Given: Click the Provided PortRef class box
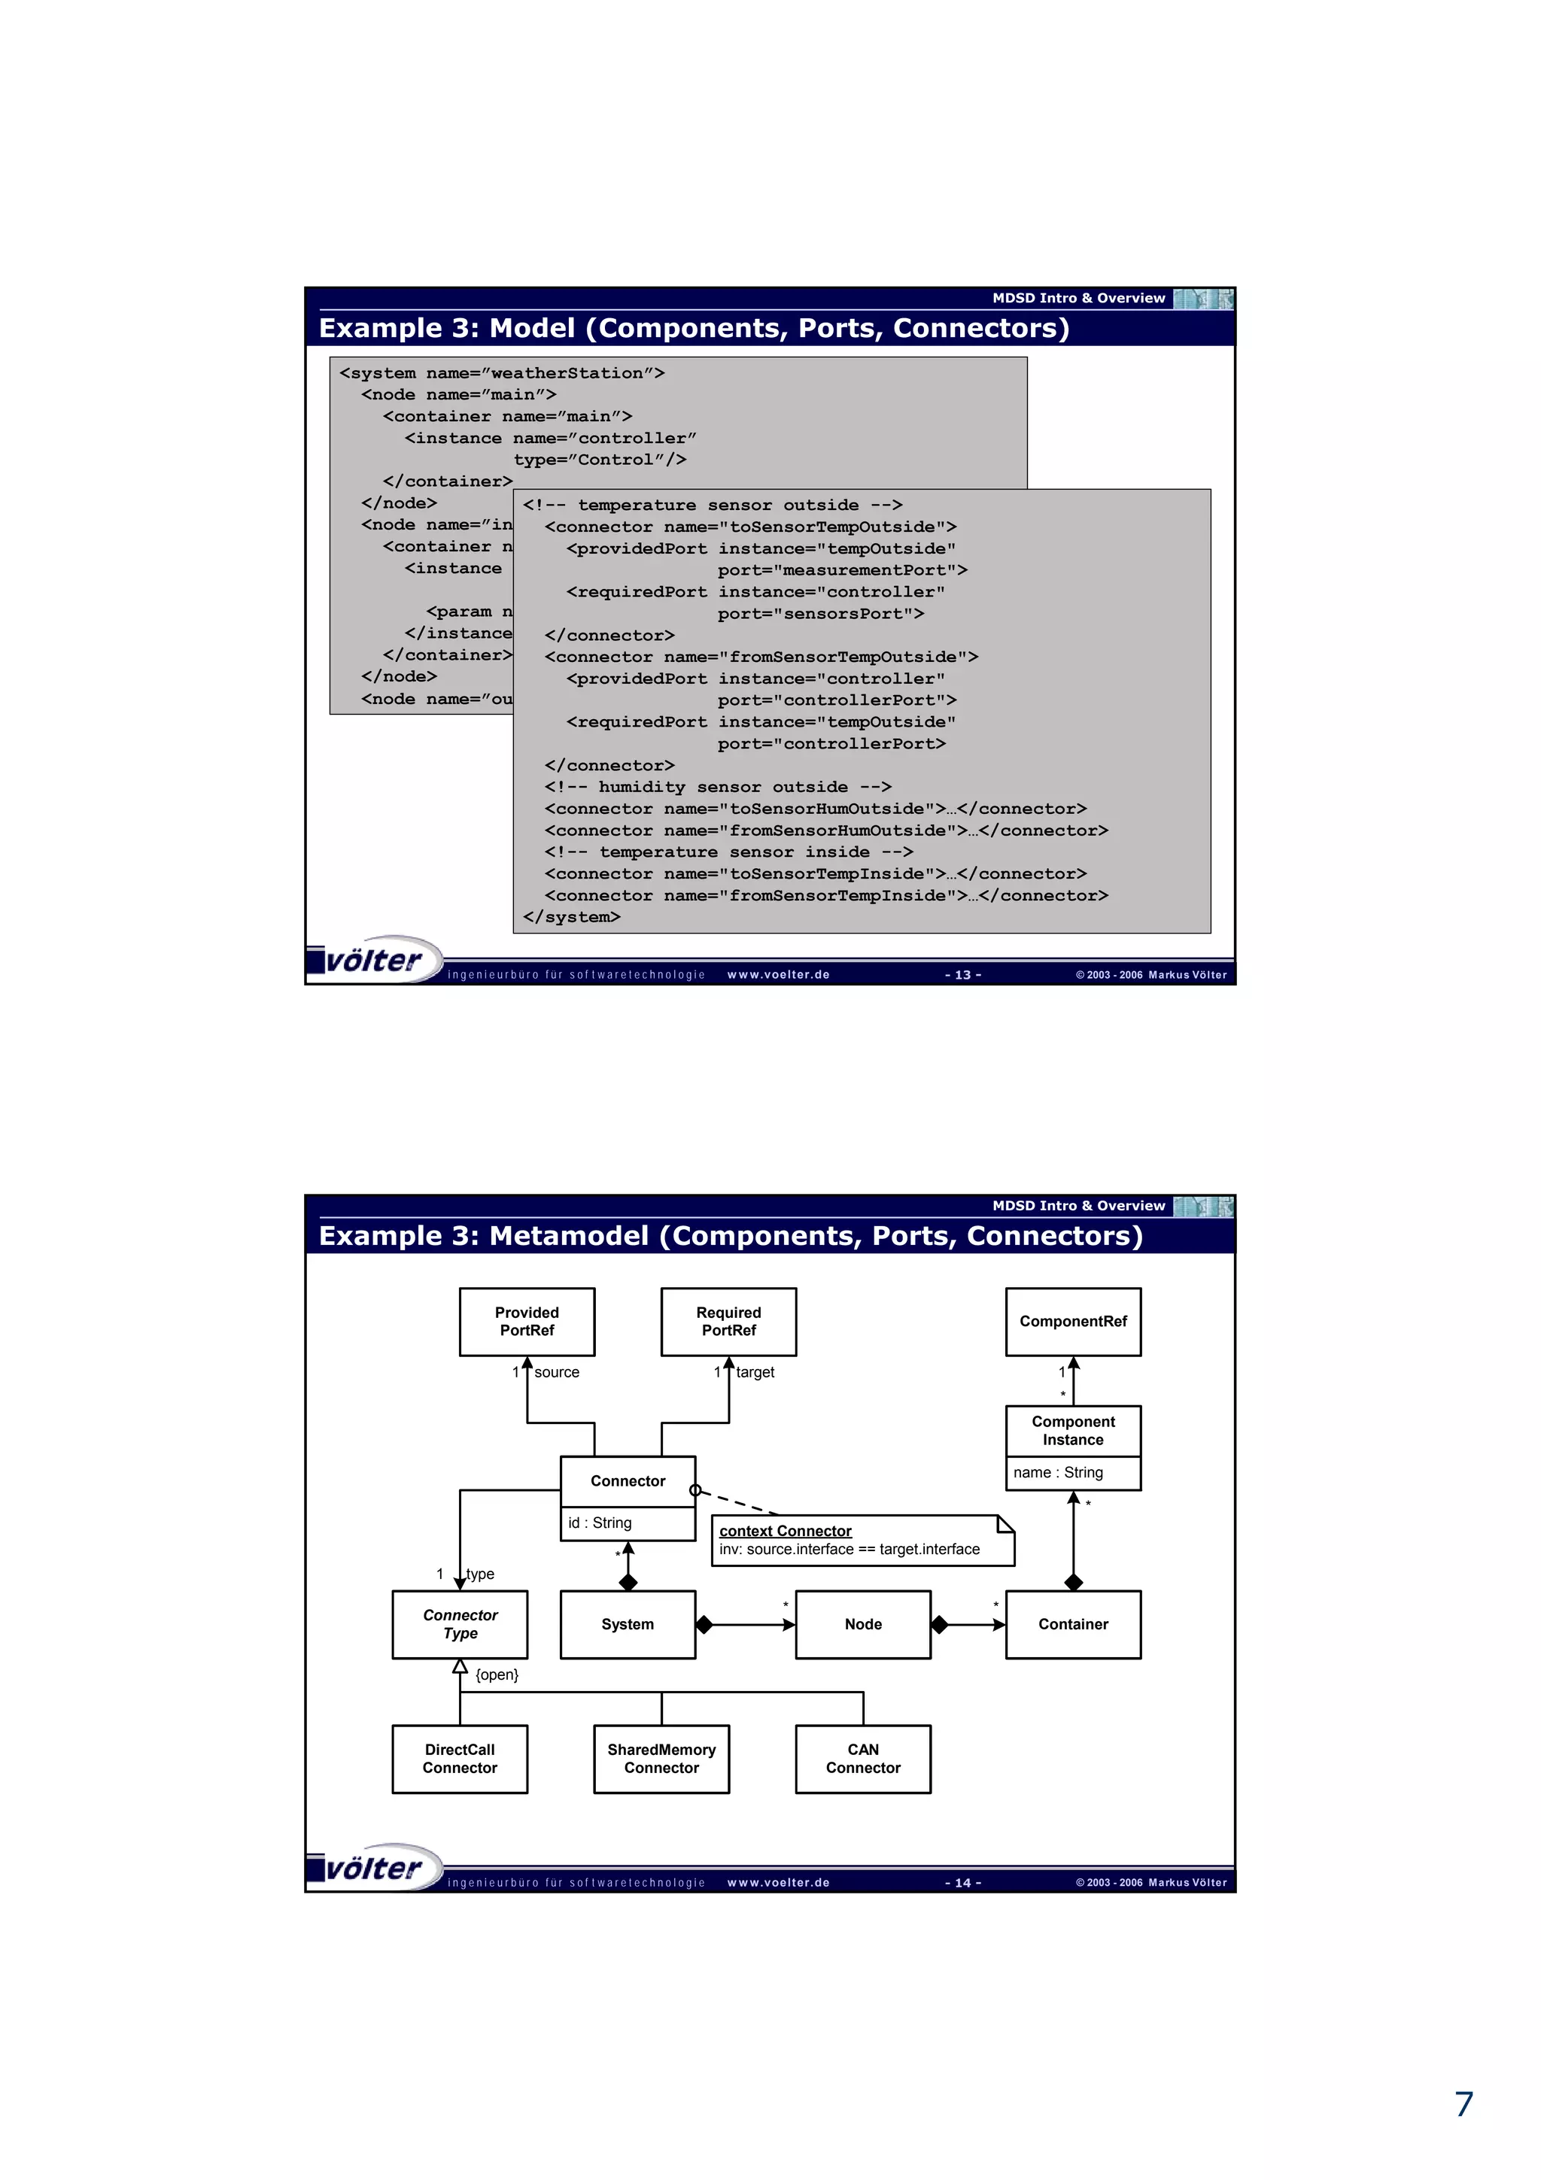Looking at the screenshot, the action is click(x=527, y=1321).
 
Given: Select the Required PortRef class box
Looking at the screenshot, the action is click(x=728, y=1321).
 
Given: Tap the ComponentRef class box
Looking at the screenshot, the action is click(x=1073, y=1321).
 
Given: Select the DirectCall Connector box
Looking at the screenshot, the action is click(x=460, y=1759).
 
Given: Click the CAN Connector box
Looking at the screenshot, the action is click(x=863, y=1759).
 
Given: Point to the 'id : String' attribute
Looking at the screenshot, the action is click(x=600, y=1523).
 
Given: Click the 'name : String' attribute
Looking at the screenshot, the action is click(x=1058, y=1473).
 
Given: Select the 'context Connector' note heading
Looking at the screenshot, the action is click(x=786, y=1531).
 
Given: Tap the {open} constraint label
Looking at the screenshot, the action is click(x=497, y=1675).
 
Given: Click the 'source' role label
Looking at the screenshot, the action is click(x=556, y=1372).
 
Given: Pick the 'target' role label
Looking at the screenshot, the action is click(x=755, y=1372).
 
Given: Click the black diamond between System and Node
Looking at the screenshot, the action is click(x=704, y=1625).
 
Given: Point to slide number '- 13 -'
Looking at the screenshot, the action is click(x=963, y=975).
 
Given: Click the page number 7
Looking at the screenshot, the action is click(x=1464, y=2104).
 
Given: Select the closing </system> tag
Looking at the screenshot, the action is click(x=572, y=917).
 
